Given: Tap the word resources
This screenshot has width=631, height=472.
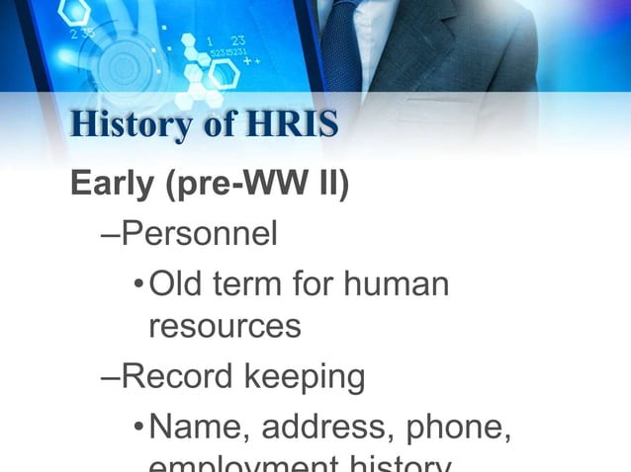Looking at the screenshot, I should click(225, 327).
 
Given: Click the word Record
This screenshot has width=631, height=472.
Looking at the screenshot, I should click(184, 376).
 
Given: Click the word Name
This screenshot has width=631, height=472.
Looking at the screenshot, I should click(191, 427).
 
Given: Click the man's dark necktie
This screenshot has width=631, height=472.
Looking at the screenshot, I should click(341, 44).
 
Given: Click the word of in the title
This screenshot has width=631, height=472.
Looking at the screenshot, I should click(209, 125).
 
